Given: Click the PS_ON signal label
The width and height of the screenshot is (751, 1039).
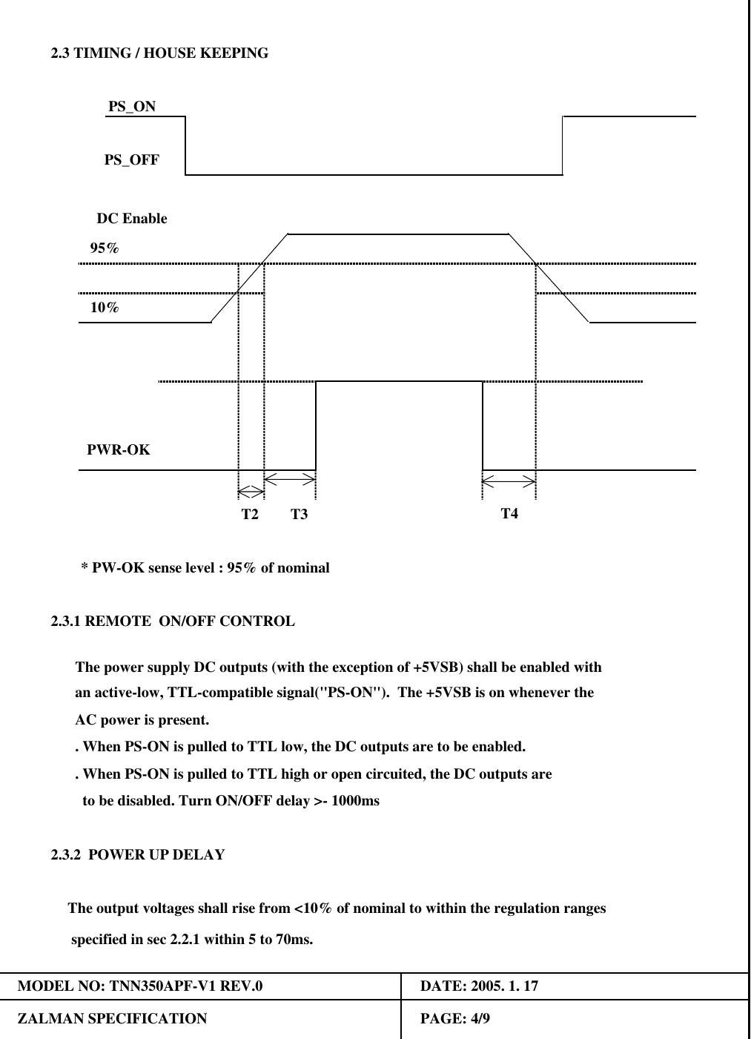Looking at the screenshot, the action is pos(132,107).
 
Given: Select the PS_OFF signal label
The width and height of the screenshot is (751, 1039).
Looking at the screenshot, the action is pos(131,160).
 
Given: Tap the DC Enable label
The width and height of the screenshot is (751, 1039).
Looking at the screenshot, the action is pos(132,219).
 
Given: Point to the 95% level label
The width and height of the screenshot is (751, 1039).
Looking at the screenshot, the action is pos(105,248).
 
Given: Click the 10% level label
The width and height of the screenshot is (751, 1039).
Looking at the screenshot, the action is pos(105,308).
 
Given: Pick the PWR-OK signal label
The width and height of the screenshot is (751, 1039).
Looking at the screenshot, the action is pos(119,450).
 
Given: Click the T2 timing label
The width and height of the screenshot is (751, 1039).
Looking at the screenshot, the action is pos(250,514).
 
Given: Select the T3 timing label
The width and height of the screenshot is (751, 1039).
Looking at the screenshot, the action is pos(299,514).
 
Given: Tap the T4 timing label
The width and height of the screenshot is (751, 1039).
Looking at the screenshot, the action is pos(509,513).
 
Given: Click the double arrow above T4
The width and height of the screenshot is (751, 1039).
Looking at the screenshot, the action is pos(509,481).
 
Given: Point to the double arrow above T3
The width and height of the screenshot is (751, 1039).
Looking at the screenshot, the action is pos(290,478).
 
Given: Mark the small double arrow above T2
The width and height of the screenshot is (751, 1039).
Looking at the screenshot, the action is pos(251,491).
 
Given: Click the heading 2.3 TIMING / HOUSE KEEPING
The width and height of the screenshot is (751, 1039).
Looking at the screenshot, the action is pos(159,53).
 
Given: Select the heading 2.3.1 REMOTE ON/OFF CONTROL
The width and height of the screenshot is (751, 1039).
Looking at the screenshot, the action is pos(173,621).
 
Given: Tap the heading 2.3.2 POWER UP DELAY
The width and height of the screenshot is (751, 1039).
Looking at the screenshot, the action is pos(138,855).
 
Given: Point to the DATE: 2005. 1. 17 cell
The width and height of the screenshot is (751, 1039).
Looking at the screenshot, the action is pos(479,986).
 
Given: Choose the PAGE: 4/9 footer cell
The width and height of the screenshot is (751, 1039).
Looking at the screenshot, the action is pos(454,1019).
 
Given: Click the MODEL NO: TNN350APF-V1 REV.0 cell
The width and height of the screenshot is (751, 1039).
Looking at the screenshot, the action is pos(140,986).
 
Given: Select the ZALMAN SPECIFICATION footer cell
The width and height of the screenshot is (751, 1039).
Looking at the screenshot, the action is pos(113,1019).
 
